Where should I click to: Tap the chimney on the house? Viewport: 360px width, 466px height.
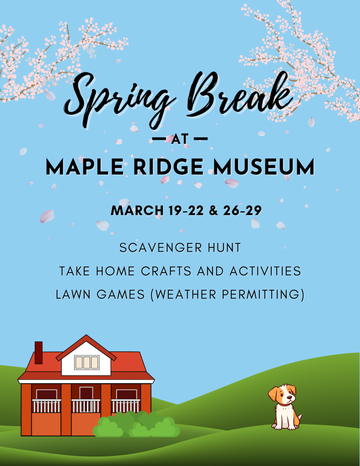39,352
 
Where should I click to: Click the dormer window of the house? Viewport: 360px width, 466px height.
86,362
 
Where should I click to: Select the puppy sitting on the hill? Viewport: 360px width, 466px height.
284,407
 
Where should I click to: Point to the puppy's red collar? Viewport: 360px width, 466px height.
284,404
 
